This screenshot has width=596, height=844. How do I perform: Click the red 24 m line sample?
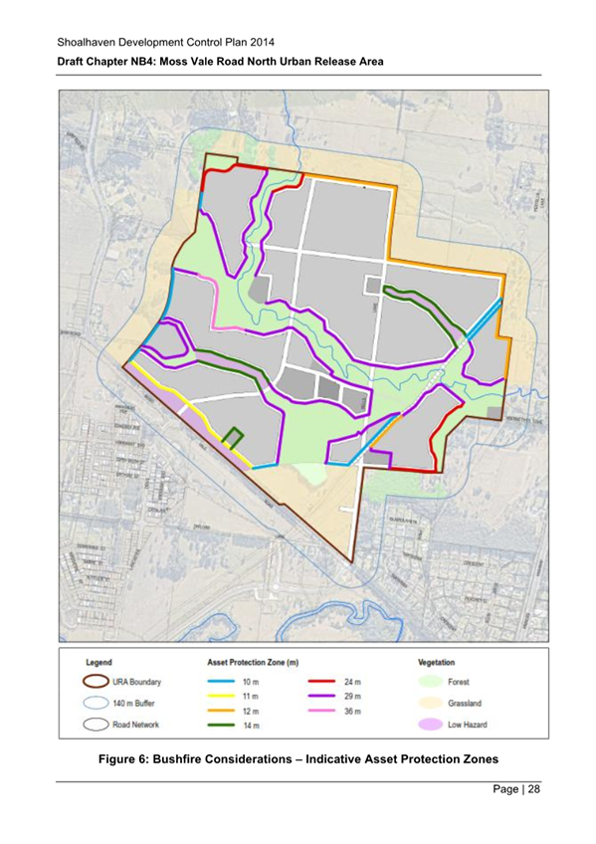coord(315,682)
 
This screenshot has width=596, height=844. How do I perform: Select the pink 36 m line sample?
coord(315,712)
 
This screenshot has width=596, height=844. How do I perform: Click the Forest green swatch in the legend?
coord(441,682)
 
